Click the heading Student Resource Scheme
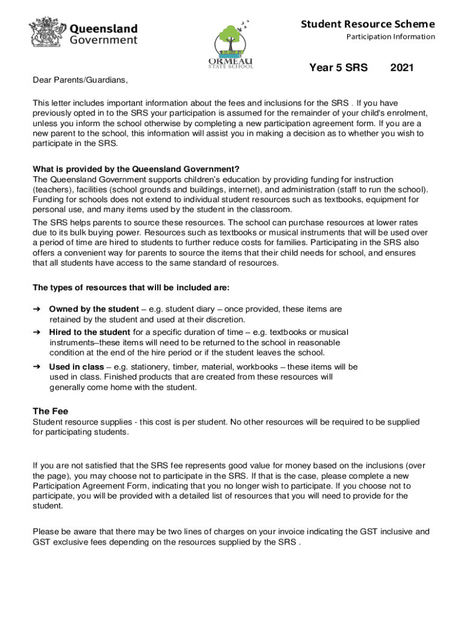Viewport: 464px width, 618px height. pos(368,24)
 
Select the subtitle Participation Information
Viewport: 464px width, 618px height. pos(390,37)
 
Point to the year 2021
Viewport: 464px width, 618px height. pos(402,68)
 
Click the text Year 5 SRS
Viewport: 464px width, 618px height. pos(338,68)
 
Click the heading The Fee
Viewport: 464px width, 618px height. pos(50,411)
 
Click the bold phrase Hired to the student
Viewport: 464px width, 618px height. pos(89,332)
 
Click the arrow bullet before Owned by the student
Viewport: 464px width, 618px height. pos(36,309)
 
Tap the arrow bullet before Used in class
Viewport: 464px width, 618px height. pos(36,366)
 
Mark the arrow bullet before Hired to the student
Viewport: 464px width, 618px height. pos(36,332)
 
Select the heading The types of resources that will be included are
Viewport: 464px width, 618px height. pos(131,287)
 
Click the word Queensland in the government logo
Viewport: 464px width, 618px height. pos(104,29)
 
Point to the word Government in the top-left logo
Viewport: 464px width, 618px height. pos(104,40)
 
